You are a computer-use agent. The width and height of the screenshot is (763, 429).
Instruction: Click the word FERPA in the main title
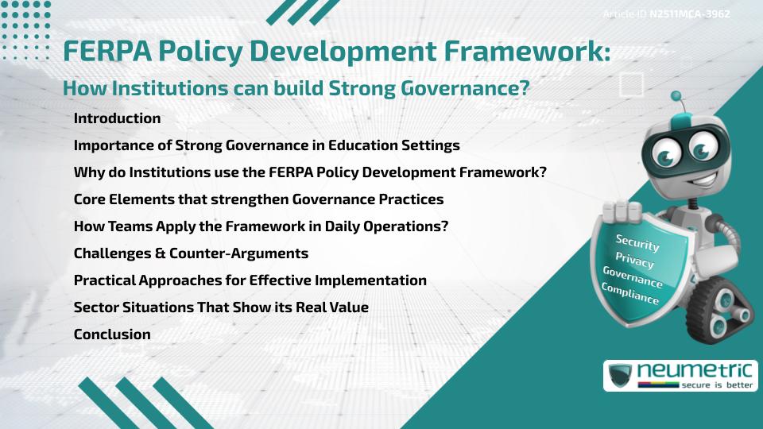[x=107, y=51]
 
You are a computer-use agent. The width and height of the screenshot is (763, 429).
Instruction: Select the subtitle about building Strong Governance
[x=296, y=88]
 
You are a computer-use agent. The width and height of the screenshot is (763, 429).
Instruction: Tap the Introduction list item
[x=117, y=118]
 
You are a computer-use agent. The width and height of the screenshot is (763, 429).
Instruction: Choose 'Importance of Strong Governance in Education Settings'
[x=266, y=145]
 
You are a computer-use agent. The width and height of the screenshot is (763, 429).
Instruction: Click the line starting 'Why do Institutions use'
[x=310, y=172]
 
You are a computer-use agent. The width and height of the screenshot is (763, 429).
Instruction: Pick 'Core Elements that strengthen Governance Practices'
[x=258, y=199]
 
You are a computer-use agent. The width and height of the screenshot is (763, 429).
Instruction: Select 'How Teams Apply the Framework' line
[x=261, y=226]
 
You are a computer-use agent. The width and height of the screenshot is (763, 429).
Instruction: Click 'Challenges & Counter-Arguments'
[x=191, y=253]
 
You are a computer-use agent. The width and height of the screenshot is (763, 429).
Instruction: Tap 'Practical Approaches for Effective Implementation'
[x=250, y=280]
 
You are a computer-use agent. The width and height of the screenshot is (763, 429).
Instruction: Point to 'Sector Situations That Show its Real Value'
[x=221, y=307]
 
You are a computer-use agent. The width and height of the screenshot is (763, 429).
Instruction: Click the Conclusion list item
[x=112, y=334]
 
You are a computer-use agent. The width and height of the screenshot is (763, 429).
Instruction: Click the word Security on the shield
[x=637, y=242]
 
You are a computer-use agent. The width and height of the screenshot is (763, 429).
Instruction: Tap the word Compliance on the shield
[x=630, y=294]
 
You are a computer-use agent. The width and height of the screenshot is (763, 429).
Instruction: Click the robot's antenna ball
[x=676, y=97]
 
